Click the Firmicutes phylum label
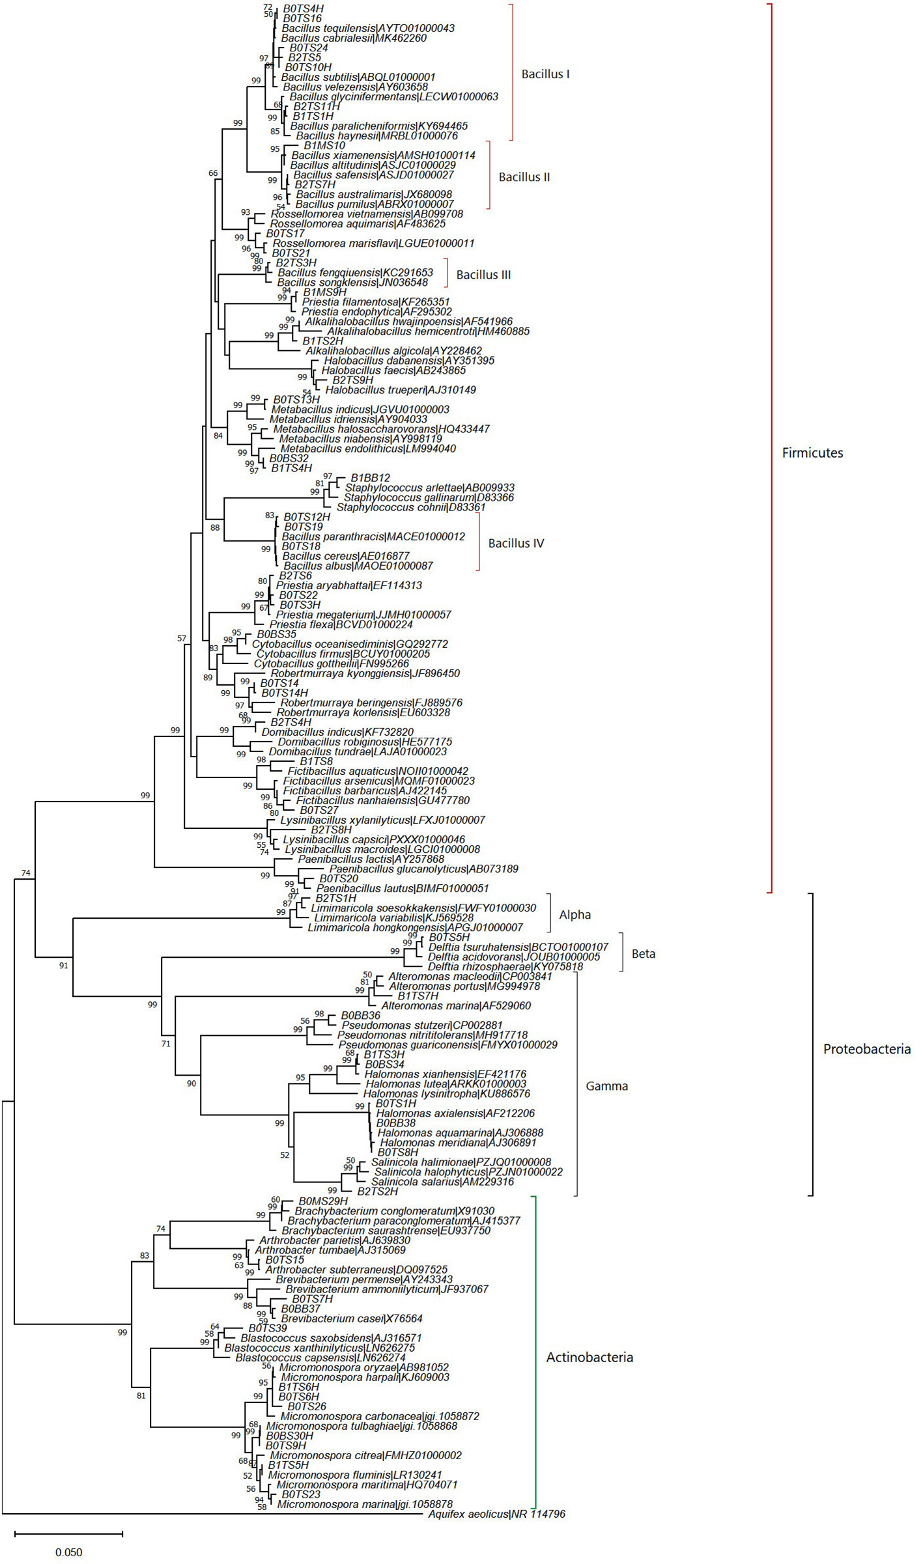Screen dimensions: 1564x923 point(812,453)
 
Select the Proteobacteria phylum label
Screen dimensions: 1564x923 point(866,1049)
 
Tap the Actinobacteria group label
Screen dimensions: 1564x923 point(589,1358)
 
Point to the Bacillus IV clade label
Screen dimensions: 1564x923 point(515,543)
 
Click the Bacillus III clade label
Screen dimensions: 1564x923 point(483,275)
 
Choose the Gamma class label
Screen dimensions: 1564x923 point(606,1086)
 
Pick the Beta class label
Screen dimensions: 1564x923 point(643,954)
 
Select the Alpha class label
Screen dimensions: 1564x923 point(575,915)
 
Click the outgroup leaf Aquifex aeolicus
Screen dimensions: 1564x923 point(496,1496)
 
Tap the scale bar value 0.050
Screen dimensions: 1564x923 point(68,1534)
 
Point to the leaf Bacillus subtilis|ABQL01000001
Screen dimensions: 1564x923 point(358,77)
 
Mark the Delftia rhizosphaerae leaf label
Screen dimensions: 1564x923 point(505,967)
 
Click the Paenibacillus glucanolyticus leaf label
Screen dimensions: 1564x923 point(423,869)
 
